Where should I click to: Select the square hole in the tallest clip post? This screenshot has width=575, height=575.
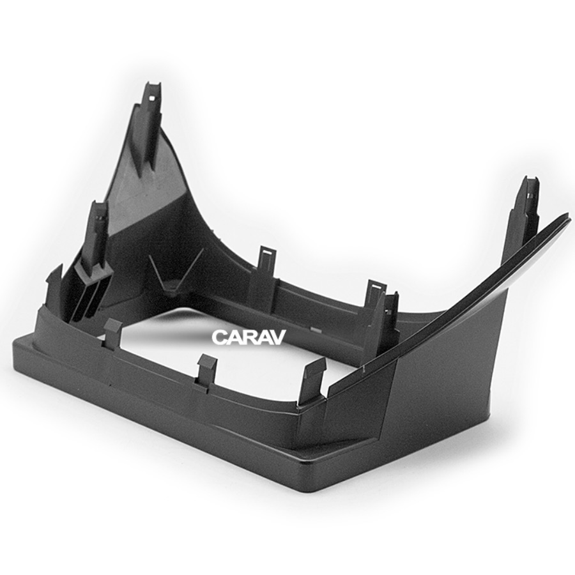151,98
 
